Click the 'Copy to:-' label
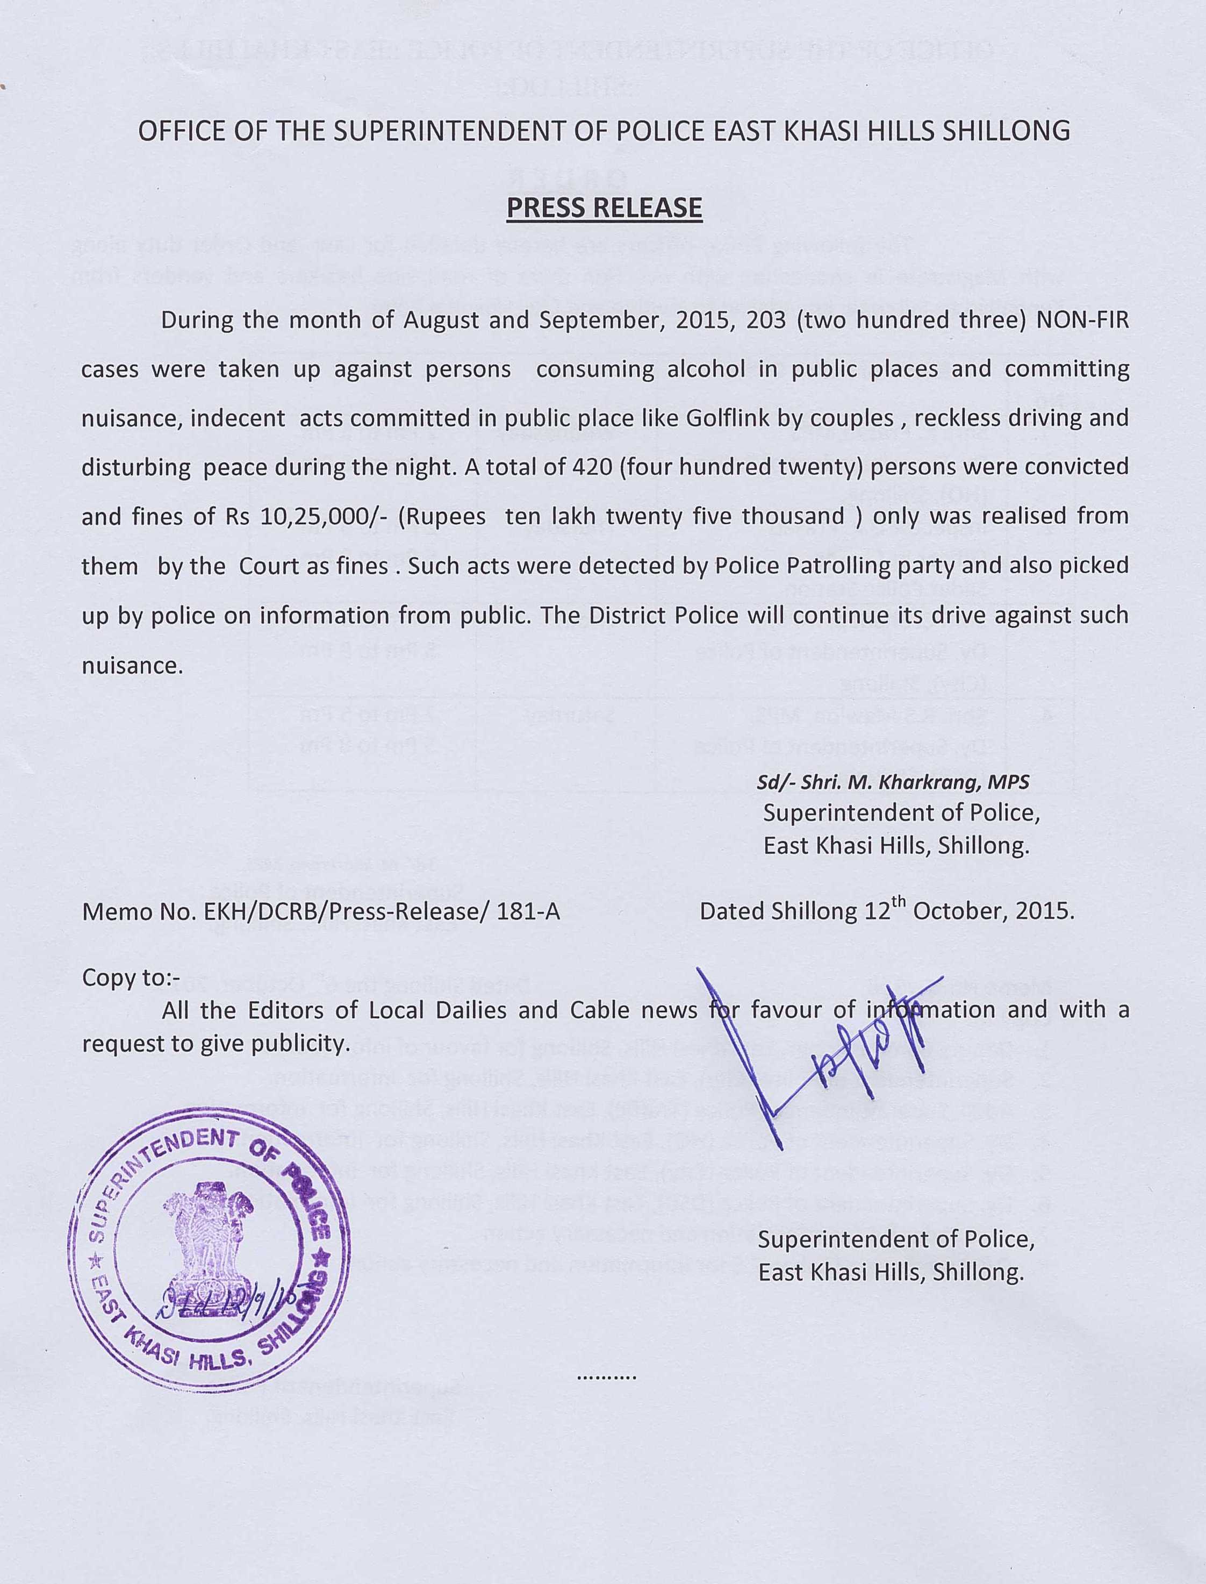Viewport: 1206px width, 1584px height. click(131, 978)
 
